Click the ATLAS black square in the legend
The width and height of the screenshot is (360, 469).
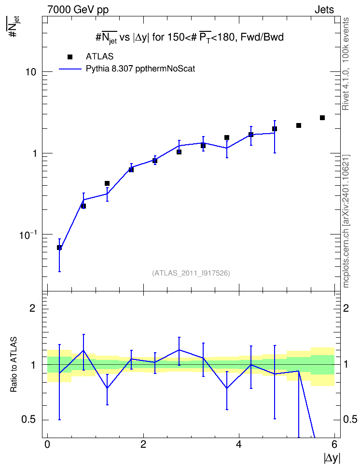point(70,57)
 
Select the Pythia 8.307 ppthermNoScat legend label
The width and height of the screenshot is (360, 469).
point(140,69)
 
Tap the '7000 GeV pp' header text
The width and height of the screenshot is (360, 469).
point(78,10)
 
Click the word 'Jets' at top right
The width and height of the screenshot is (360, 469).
point(324,10)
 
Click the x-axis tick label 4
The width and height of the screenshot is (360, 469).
point(239,444)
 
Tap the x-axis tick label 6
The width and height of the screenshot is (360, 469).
point(334,444)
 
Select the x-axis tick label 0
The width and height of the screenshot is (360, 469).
point(47,444)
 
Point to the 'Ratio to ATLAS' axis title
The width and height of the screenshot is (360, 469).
point(14,365)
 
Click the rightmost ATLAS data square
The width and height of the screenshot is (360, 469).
point(322,118)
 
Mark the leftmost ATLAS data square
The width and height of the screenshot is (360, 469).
point(59,248)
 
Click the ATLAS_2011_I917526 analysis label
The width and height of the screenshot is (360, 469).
point(191,273)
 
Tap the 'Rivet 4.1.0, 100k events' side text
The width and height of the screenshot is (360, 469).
point(346,64)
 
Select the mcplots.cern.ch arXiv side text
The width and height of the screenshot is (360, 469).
point(346,221)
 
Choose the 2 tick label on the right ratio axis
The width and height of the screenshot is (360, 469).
point(346,308)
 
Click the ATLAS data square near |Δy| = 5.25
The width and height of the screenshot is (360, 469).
point(298,125)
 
